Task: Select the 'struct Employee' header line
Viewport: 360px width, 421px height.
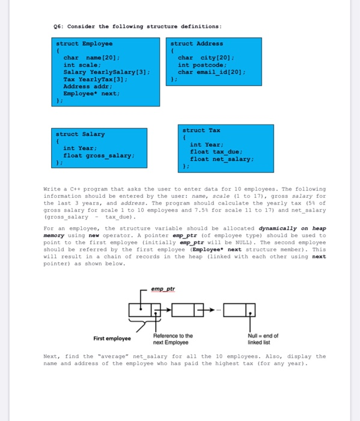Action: pyautogui.click(x=84, y=44)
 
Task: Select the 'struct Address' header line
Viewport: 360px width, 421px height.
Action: pyautogui.click(x=197, y=44)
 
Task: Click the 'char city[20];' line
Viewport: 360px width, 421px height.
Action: pyautogui.click(x=201, y=58)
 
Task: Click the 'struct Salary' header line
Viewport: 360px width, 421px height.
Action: pyautogui.click(x=80, y=134)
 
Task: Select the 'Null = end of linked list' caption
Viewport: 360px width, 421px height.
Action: pyautogui.click(x=263, y=338)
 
